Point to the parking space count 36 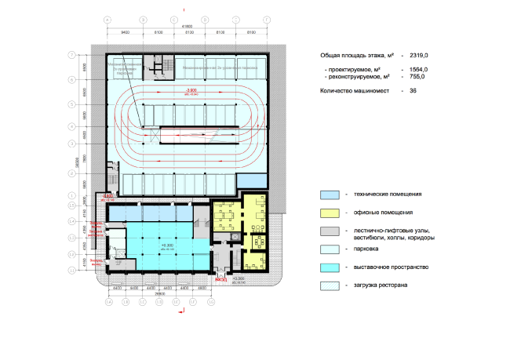tap(413, 92)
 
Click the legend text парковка tap(369, 249)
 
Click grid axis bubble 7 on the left tap(71, 55)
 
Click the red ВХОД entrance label tap(221, 278)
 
